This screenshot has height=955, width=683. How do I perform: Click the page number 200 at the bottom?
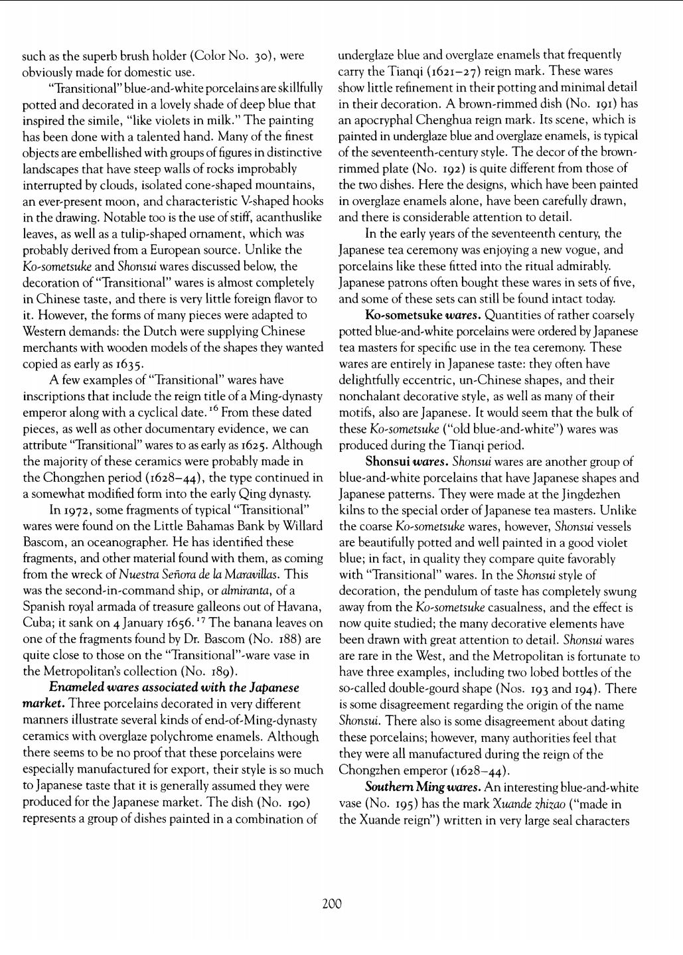[332, 903]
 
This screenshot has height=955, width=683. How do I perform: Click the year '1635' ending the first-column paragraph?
[126, 364]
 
